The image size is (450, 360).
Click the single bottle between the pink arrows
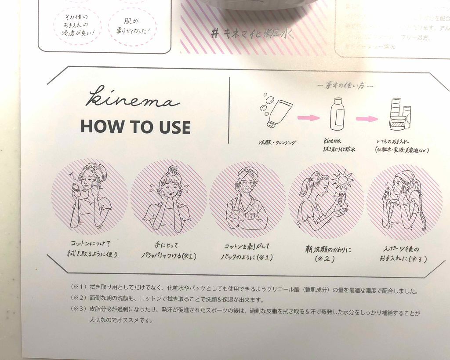337,115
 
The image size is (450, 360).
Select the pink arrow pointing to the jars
367,119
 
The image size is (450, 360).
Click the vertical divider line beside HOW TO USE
229,110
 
